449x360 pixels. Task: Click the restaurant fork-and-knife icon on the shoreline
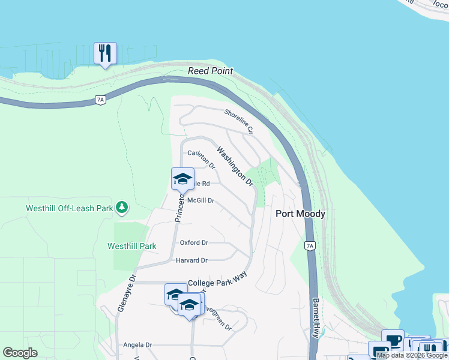105,53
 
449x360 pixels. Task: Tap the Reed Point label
210,71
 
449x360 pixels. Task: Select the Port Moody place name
300,214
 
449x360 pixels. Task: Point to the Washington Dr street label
235,166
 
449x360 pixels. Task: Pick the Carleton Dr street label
201,158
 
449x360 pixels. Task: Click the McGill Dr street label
200,200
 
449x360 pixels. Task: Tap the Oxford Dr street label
194,242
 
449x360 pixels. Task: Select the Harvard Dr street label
191,260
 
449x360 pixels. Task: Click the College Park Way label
217,282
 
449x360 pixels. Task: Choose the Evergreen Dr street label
217,317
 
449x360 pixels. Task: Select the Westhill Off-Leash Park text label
69,209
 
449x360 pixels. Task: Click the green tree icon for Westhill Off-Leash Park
122,207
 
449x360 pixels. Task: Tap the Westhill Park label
131,246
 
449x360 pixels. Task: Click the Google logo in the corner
20,353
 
